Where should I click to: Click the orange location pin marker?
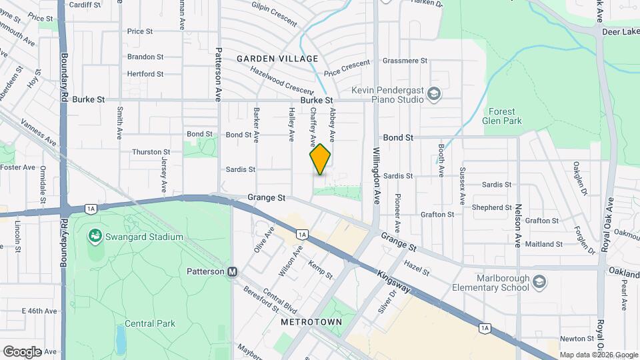[320, 159]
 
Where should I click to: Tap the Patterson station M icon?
[233, 271]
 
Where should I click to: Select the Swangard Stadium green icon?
[96, 237]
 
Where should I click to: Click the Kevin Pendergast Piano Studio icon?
[435, 93]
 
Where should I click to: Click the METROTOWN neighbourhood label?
[311, 322]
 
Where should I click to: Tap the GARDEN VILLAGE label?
[277, 59]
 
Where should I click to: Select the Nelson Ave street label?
[517, 227]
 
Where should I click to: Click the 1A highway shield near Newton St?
[485, 327]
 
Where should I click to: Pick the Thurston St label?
[147, 152]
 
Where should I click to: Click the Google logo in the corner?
[22, 351]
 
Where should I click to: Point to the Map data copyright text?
[598, 355]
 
